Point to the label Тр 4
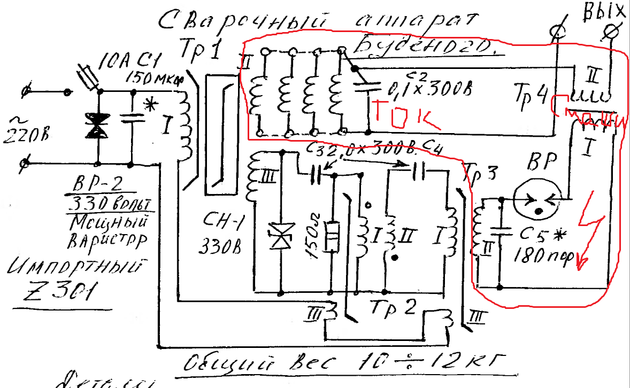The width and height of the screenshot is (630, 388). click(531, 95)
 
